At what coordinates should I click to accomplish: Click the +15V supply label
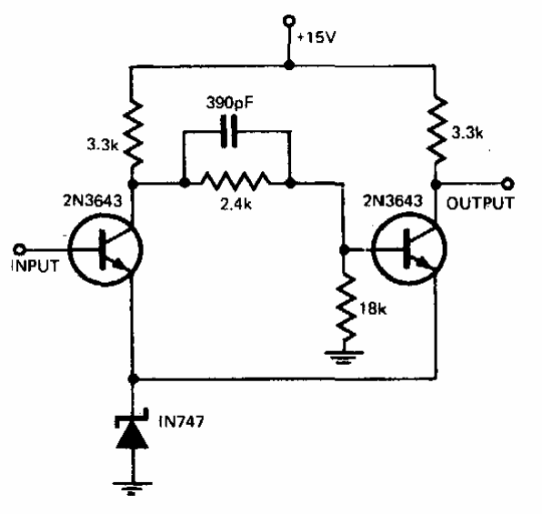[x=316, y=37]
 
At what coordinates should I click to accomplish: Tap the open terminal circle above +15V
[x=288, y=21]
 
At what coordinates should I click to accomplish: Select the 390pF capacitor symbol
[x=229, y=131]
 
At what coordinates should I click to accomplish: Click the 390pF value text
[x=229, y=103]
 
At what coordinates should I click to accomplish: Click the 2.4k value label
[x=236, y=205]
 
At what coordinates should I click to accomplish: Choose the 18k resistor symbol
[x=346, y=308]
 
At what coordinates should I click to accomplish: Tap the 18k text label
[x=373, y=308]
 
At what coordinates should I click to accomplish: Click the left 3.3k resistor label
[x=103, y=145]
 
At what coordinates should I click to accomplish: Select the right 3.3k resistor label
[x=467, y=133]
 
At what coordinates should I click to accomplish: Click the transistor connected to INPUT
[x=105, y=249]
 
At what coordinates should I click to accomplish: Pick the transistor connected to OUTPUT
[x=409, y=248]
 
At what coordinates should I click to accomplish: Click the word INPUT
[x=35, y=266]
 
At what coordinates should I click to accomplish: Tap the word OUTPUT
[x=480, y=203]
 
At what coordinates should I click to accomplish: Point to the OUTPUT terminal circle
[x=507, y=184]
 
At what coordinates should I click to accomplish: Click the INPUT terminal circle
[x=19, y=249]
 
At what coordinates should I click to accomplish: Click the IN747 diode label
[x=181, y=421]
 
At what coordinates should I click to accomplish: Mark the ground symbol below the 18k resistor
[x=344, y=358]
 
